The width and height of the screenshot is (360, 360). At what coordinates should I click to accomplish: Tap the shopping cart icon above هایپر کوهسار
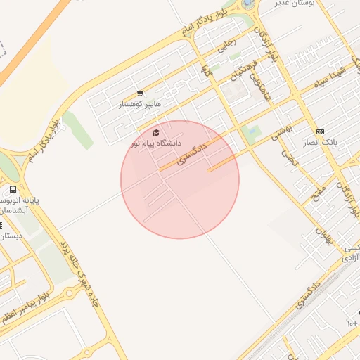coord(140,94)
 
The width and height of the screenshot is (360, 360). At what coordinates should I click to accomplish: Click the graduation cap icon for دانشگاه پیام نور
coord(156,132)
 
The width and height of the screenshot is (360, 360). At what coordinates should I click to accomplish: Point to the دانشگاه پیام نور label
coord(156,143)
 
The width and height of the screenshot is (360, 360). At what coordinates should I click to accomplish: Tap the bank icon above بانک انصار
coord(321,131)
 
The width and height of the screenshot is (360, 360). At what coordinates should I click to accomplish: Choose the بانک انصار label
coord(321,142)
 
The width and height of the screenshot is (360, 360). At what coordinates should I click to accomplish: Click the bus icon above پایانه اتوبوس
coord(13,190)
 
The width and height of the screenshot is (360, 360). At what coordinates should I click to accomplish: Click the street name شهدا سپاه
coord(330,78)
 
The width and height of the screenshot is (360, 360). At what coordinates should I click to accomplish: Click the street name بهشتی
coord(281,128)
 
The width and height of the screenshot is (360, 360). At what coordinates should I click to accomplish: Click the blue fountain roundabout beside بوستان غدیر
coord(250,4)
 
